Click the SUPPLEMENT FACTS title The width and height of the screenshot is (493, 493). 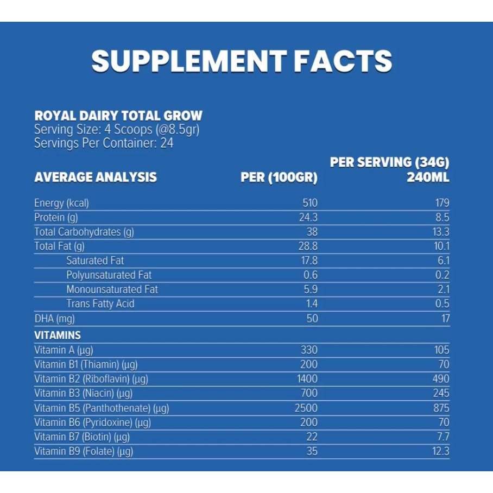242,61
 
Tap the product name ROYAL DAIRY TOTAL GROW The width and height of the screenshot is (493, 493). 118,116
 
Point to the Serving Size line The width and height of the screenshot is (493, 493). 117,130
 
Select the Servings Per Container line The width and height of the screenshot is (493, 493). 104,143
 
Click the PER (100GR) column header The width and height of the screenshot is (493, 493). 279,178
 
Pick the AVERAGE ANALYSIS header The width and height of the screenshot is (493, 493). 96,178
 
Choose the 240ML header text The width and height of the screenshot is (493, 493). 428,178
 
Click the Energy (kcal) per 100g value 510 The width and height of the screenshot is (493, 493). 309,204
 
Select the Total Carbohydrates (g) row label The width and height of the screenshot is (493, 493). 84,232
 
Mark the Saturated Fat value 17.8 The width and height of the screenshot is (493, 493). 309,261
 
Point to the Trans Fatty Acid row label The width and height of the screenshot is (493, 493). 100,304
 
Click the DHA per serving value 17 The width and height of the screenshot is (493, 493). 445,318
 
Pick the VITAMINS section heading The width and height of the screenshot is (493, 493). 58,335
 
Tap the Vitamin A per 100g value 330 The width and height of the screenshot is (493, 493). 308,350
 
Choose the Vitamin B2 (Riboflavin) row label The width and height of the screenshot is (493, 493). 91,379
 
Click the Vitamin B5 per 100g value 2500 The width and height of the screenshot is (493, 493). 306,408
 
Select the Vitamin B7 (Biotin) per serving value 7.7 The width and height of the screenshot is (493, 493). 442,437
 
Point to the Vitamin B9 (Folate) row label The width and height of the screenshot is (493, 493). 84,451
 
